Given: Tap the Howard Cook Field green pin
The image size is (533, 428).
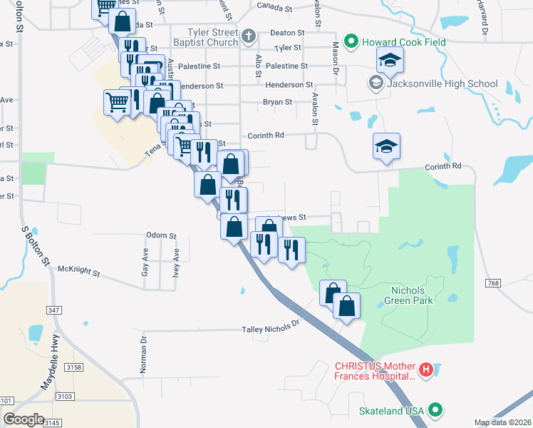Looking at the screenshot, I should tap(351, 42).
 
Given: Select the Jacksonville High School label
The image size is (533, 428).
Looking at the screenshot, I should tap(442, 83).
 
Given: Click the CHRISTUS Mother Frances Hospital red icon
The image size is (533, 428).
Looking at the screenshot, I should tap(425, 370).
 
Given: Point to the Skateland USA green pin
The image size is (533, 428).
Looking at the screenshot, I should tap(435, 410).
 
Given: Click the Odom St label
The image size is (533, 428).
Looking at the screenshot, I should tap(160, 235).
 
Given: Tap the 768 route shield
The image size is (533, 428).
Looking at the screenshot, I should tap(493, 283).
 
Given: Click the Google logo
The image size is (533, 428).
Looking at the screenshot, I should tap(24, 419).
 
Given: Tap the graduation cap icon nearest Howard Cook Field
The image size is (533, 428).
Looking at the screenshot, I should tap(390, 61).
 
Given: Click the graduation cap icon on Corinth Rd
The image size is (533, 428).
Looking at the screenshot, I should tap(386, 147).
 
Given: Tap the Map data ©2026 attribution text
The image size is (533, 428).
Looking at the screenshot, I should tap(502, 422).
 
